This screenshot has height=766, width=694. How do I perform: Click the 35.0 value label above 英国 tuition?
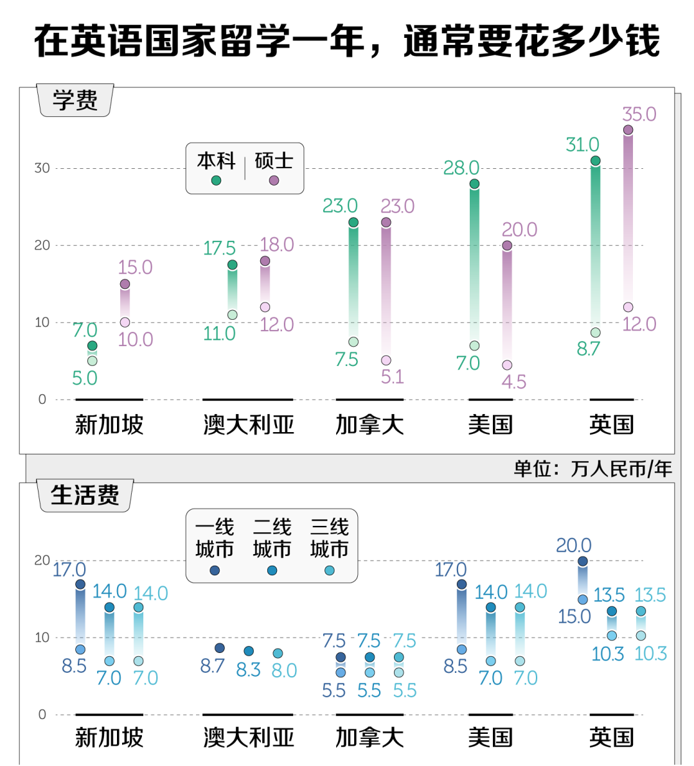point(639,114)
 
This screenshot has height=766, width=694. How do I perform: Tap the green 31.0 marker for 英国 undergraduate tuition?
point(596,161)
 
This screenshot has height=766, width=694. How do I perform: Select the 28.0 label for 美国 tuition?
point(461,168)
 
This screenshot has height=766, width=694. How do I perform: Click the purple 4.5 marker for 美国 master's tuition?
point(507,365)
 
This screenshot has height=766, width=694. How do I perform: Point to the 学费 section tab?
point(76,101)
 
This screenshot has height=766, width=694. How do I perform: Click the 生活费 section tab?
point(85,496)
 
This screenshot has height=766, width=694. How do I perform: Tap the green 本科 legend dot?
point(216,180)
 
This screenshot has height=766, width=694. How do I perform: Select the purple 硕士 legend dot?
point(274,180)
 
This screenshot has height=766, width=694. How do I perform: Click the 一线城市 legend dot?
point(215,570)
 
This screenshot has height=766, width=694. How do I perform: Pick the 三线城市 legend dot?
point(330,570)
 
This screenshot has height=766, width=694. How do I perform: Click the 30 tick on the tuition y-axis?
point(42,168)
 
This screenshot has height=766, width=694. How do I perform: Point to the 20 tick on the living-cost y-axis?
point(42,561)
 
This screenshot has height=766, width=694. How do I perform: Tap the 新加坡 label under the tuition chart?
point(109,425)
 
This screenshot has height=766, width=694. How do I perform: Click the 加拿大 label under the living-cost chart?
point(369,738)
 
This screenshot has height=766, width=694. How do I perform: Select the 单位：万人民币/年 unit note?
point(592,469)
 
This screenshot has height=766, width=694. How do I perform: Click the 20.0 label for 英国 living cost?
point(573,546)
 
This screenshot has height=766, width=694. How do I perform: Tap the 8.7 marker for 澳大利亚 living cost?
point(220,648)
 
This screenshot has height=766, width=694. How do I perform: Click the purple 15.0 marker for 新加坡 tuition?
point(125,284)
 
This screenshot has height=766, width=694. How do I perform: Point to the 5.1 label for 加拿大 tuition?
point(392,377)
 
